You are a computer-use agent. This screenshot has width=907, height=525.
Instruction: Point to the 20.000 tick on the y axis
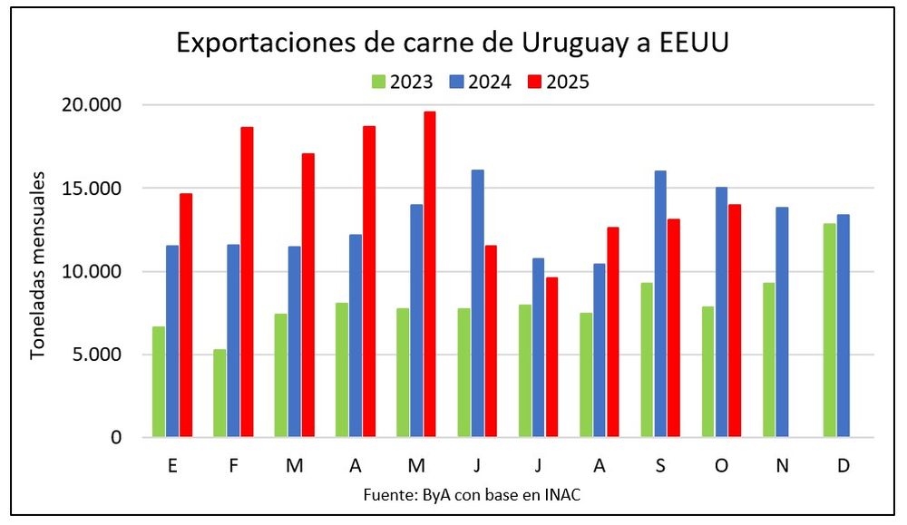(x=93, y=105)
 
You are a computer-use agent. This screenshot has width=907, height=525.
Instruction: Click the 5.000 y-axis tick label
(x=97, y=355)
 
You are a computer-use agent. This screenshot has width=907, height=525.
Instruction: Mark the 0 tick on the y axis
(x=115, y=438)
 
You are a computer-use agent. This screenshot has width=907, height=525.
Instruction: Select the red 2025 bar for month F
(x=247, y=282)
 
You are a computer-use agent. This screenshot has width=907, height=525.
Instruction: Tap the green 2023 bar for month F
(x=219, y=393)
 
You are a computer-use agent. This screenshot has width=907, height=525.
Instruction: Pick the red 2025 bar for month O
(x=736, y=321)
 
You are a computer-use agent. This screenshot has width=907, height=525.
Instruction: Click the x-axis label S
(x=660, y=465)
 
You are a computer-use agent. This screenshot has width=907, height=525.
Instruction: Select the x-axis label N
(x=782, y=465)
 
